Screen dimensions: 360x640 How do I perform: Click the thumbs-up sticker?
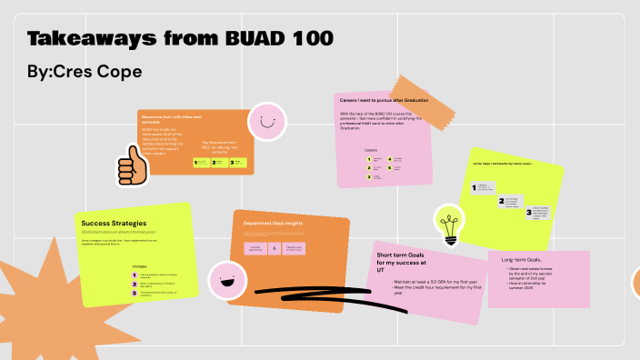pos(132,168)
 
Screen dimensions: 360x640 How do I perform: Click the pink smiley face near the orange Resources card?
pos(265,123)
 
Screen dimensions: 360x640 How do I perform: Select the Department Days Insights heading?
pos(273,223)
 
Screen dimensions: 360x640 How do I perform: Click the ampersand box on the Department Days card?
pos(274,248)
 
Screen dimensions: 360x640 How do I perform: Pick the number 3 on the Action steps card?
pos(529,212)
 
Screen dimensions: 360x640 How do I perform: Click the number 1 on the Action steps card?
pos(473,187)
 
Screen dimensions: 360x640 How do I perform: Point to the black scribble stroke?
pos(300,292)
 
